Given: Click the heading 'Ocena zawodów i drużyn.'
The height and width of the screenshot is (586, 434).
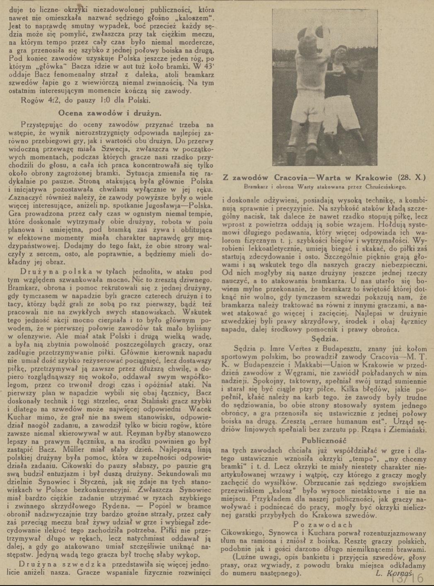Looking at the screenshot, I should tap(110, 113).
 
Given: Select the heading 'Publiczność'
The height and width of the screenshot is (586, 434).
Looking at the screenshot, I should tap(324, 440).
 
